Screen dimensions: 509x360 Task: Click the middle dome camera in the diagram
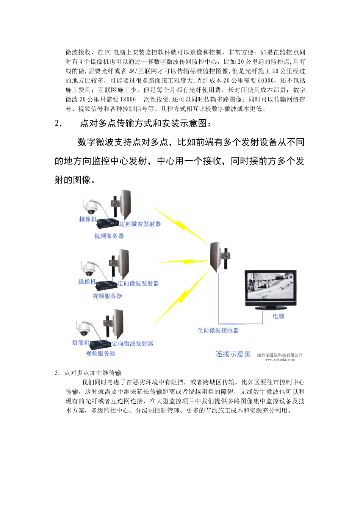(x=89, y=268)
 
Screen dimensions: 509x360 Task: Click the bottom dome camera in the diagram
(x=84, y=329)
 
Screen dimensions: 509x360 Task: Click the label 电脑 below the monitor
(x=278, y=316)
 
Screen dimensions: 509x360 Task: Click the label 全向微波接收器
(x=218, y=330)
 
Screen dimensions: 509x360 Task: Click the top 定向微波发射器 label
(x=140, y=224)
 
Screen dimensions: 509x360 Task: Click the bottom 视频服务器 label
(x=100, y=353)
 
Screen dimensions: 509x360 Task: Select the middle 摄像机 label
(x=87, y=281)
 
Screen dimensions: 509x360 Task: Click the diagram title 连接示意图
(x=233, y=354)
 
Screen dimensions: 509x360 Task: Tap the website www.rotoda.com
(x=280, y=360)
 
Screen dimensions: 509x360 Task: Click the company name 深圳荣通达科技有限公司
(x=280, y=355)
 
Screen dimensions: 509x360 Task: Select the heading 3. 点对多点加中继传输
(x=88, y=373)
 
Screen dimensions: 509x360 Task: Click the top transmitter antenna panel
(x=125, y=206)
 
